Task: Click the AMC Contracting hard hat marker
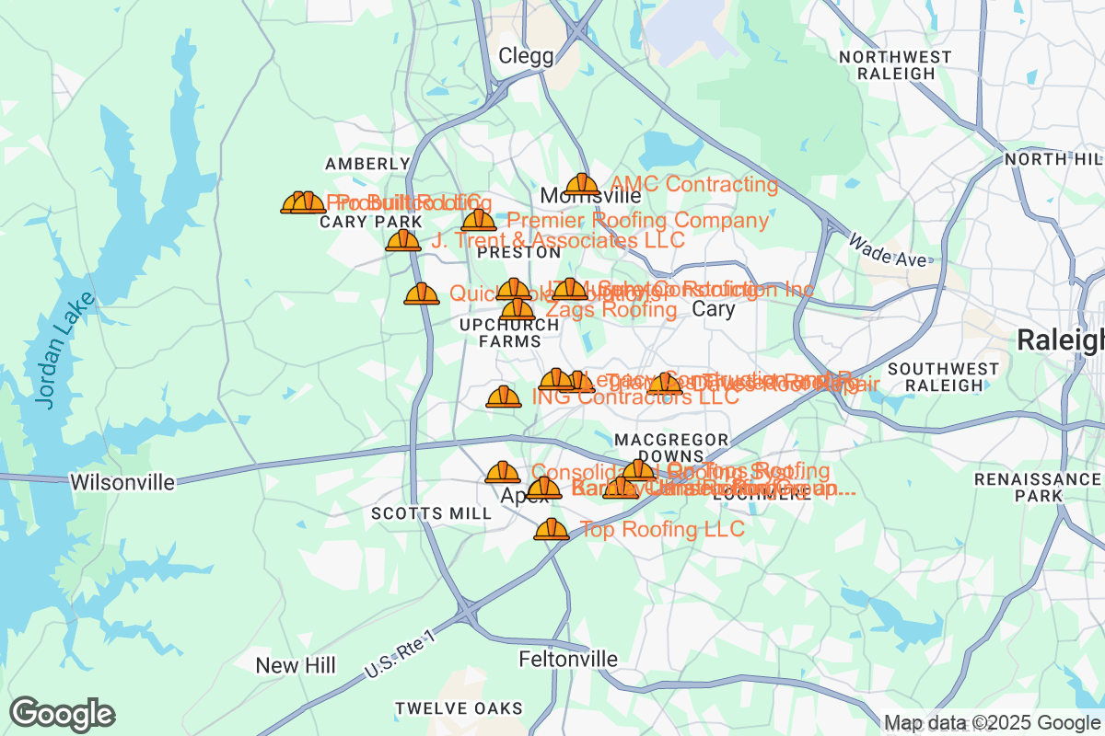[581, 185]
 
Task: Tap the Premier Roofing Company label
[637, 221]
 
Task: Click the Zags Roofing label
[611, 310]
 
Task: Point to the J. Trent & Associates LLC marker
[402, 241]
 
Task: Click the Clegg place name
[526, 56]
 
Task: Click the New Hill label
[296, 665]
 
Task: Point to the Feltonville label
[568, 660]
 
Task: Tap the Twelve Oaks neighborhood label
[459, 708]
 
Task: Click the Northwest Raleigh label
[895, 65]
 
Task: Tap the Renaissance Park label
[1037, 488]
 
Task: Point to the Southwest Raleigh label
[944, 377]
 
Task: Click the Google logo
[63, 714]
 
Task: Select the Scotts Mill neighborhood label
[431, 513]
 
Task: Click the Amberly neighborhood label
[367, 164]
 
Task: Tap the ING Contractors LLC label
[635, 397]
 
